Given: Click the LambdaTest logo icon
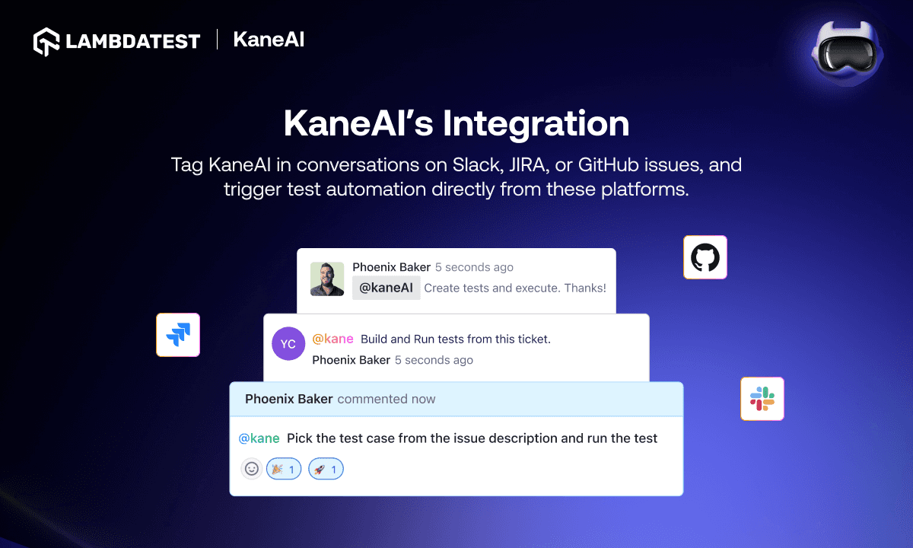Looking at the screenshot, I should click(46, 41).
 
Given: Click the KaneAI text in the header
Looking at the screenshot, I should click(269, 40).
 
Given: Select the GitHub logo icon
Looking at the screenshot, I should click(705, 257).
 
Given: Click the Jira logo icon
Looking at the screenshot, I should click(178, 335).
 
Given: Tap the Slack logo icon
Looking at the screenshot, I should click(762, 399).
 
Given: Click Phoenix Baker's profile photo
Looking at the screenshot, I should click(327, 279).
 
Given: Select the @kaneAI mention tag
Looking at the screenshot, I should click(386, 288).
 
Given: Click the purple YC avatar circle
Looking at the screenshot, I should click(288, 344).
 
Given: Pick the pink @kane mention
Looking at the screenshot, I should click(333, 339).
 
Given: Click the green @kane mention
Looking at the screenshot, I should click(259, 438).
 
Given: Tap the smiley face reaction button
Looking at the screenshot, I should click(252, 469).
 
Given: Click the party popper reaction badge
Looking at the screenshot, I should click(284, 469).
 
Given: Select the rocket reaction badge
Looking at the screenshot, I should click(326, 469).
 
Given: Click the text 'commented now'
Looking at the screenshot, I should click(386, 399).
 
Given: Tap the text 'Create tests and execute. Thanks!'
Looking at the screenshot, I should click(515, 288).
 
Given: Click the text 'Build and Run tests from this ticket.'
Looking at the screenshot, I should click(455, 339).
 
